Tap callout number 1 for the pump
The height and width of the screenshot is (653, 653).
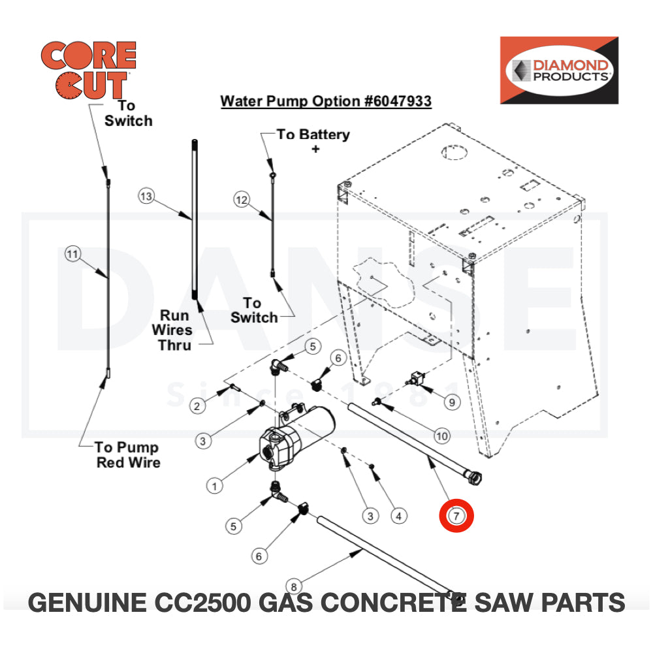tap(215, 485)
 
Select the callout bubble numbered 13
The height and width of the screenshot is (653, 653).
tap(146, 196)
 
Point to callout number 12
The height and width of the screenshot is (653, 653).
tap(242, 200)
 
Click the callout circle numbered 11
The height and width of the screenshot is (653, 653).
tap(72, 253)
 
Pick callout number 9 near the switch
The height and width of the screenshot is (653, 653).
tap(452, 402)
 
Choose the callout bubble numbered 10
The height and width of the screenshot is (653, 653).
tap(442, 436)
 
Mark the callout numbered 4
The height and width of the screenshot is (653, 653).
tap(398, 516)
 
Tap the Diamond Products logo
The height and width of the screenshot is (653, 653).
tap(558, 70)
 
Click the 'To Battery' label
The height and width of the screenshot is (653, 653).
tap(313, 135)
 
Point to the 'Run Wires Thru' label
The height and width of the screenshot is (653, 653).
tap(175, 330)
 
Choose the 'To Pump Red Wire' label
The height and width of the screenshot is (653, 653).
tap(127, 454)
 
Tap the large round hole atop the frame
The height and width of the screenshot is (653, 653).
tap(455, 152)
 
